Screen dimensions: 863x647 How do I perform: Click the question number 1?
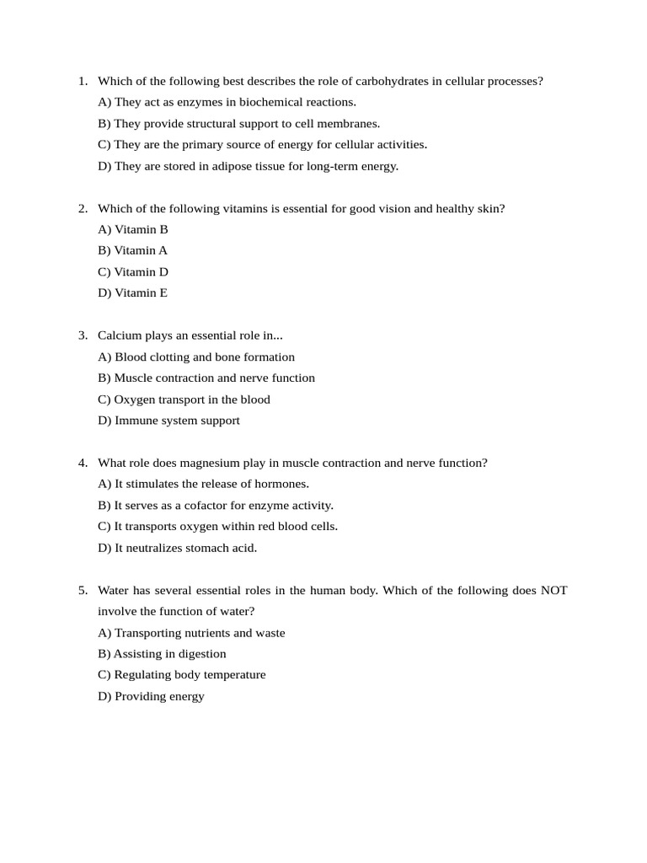[x=83, y=82]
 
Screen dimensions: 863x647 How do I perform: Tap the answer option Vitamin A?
[x=133, y=250]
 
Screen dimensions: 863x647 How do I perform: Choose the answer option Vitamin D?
[x=133, y=272]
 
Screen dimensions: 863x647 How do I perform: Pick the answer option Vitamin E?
[x=133, y=293]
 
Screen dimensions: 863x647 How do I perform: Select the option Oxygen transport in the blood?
[x=184, y=399]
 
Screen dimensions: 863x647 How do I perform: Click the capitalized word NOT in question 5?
[x=553, y=590]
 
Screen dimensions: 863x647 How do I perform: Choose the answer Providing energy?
[x=151, y=696]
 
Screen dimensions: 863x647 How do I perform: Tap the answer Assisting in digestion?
[x=162, y=654]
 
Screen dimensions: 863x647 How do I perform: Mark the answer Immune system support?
[x=168, y=421]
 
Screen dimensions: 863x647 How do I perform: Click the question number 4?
[x=83, y=463]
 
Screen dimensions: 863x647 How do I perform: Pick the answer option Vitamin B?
[x=133, y=229]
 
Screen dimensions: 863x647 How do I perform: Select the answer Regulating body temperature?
[x=181, y=675]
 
